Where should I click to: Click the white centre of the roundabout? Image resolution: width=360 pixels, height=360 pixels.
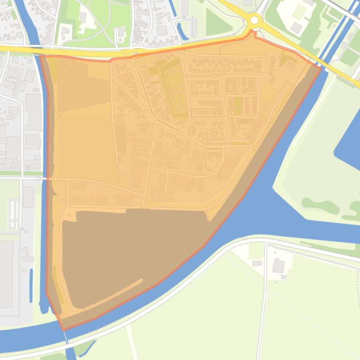pos(254,20)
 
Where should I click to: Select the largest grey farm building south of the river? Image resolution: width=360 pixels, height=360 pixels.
pos(279,266)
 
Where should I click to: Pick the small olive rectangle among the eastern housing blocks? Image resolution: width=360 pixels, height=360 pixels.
pos(237,105)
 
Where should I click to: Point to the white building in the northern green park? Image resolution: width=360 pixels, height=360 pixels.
pos(121,32)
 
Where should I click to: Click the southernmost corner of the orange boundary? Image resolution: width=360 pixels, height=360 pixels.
pos(64,330)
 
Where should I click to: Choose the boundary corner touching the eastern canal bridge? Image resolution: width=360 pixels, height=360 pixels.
pos(321,68)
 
